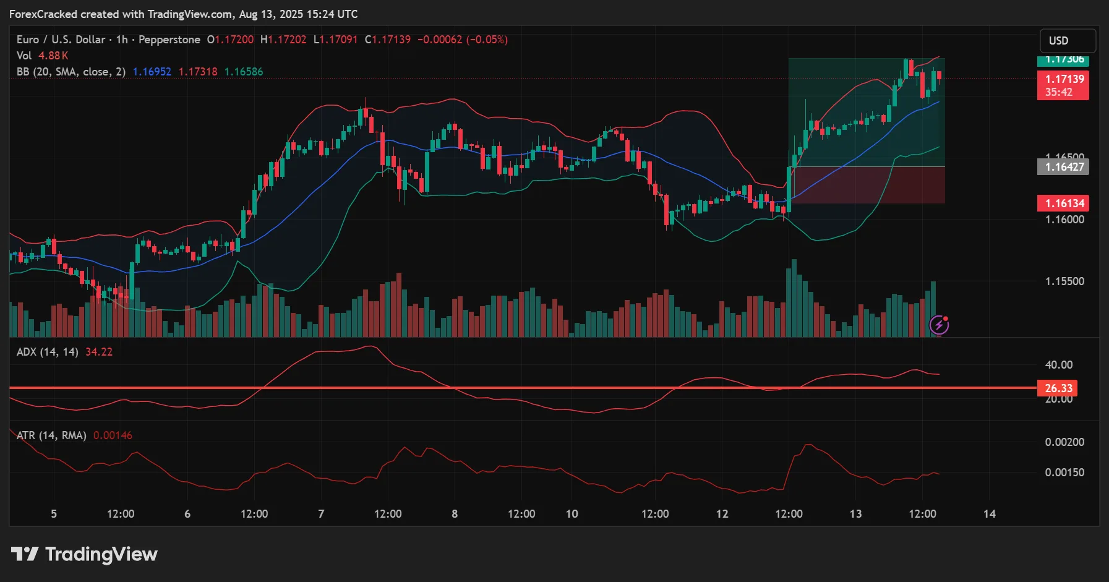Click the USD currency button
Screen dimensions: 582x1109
[1067, 41]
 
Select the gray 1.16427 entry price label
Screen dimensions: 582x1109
[1063, 167]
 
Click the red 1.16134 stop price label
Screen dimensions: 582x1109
[1063, 203]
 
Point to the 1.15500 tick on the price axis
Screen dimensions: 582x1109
[1064, 281]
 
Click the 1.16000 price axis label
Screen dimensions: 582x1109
[1064, 220]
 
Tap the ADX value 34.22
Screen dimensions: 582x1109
[99, 352]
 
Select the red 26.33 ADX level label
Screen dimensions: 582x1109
[1058, 388]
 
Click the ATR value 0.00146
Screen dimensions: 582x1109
[113, 435]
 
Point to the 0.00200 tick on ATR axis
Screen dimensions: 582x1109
[1064, 442]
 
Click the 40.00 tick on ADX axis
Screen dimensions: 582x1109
[1058, 365]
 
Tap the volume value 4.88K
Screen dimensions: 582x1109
[53, 56]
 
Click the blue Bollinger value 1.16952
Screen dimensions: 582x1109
[152, 72]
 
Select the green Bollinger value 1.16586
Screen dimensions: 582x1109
[244, 72]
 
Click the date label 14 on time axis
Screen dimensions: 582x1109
[990, 514]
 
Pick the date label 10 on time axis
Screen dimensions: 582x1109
[572, 514]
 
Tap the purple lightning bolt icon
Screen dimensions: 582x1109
[939, 325]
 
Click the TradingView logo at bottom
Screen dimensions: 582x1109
[85, 554]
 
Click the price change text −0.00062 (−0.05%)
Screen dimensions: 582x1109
[463, 40]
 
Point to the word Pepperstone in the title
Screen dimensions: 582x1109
[169, 40]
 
